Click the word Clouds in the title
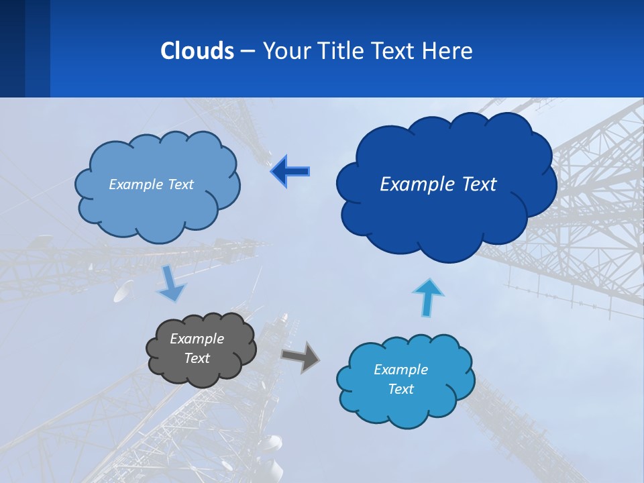197,51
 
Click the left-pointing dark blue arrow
290,172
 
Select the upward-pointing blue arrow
428,297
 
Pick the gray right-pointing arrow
301,356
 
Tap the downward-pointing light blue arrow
170,284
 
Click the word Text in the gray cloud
197,358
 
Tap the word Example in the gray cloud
197,339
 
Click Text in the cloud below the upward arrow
400,389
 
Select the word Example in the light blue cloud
131,184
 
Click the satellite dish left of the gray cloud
124,292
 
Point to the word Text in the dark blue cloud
477,184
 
